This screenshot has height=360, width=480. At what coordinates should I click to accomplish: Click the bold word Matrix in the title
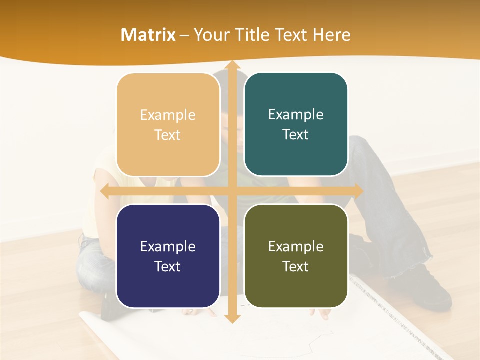pos(148,35)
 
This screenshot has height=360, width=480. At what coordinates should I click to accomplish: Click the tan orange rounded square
pos(168,125)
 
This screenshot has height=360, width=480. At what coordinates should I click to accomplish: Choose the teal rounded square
pos(296,124)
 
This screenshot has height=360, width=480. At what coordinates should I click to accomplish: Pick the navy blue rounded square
pos(168,256)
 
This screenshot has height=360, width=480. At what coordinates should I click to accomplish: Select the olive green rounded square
pos(296,256)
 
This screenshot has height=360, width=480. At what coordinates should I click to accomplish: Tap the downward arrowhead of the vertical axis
pos(232,318)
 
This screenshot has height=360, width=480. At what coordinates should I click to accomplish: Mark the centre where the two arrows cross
pos(232,191)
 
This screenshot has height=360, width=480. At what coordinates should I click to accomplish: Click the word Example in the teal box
pos(296,114)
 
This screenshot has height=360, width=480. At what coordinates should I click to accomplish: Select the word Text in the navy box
pos(168,266)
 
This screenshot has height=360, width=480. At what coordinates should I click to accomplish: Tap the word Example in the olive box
pos(296,246)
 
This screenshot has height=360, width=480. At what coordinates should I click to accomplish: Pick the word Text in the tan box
pos(168,135)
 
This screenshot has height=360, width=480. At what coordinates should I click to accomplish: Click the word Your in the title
pos(209,35)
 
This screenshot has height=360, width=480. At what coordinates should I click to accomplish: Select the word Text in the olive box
pos(296,266)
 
